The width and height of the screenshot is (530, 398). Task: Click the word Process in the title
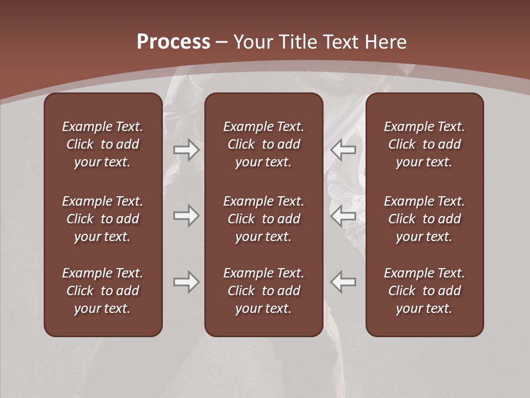click(173, 42)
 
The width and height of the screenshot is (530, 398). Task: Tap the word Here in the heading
click(386, 42)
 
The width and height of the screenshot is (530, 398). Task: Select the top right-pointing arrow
click(186, 149)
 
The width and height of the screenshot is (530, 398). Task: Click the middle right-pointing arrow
click(186, 216)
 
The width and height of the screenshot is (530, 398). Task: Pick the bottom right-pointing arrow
click(186, 282)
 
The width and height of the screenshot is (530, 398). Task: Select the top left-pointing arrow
click(343, 149)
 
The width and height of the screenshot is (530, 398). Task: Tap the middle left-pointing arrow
click(343, 216)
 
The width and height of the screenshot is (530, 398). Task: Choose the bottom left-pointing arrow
click(343, 282)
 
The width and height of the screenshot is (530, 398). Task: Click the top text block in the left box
click(103, 144)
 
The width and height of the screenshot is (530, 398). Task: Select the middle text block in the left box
click(103, 219)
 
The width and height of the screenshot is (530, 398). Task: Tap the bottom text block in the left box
click(103, 291)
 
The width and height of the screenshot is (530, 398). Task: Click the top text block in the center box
click(263, 144)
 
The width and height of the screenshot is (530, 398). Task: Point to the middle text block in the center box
click(263, 219)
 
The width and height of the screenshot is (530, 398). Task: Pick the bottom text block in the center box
click(263, 291)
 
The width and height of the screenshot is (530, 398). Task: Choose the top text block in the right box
click(424, 144)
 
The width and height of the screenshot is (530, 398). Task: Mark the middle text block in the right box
click(424, 219)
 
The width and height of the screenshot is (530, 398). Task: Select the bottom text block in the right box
click(424, 291)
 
